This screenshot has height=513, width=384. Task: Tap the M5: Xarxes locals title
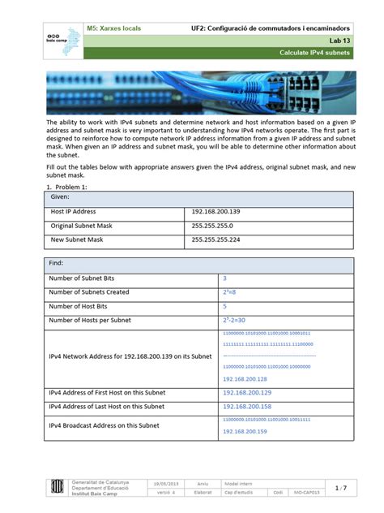click(x=113, y=28)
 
